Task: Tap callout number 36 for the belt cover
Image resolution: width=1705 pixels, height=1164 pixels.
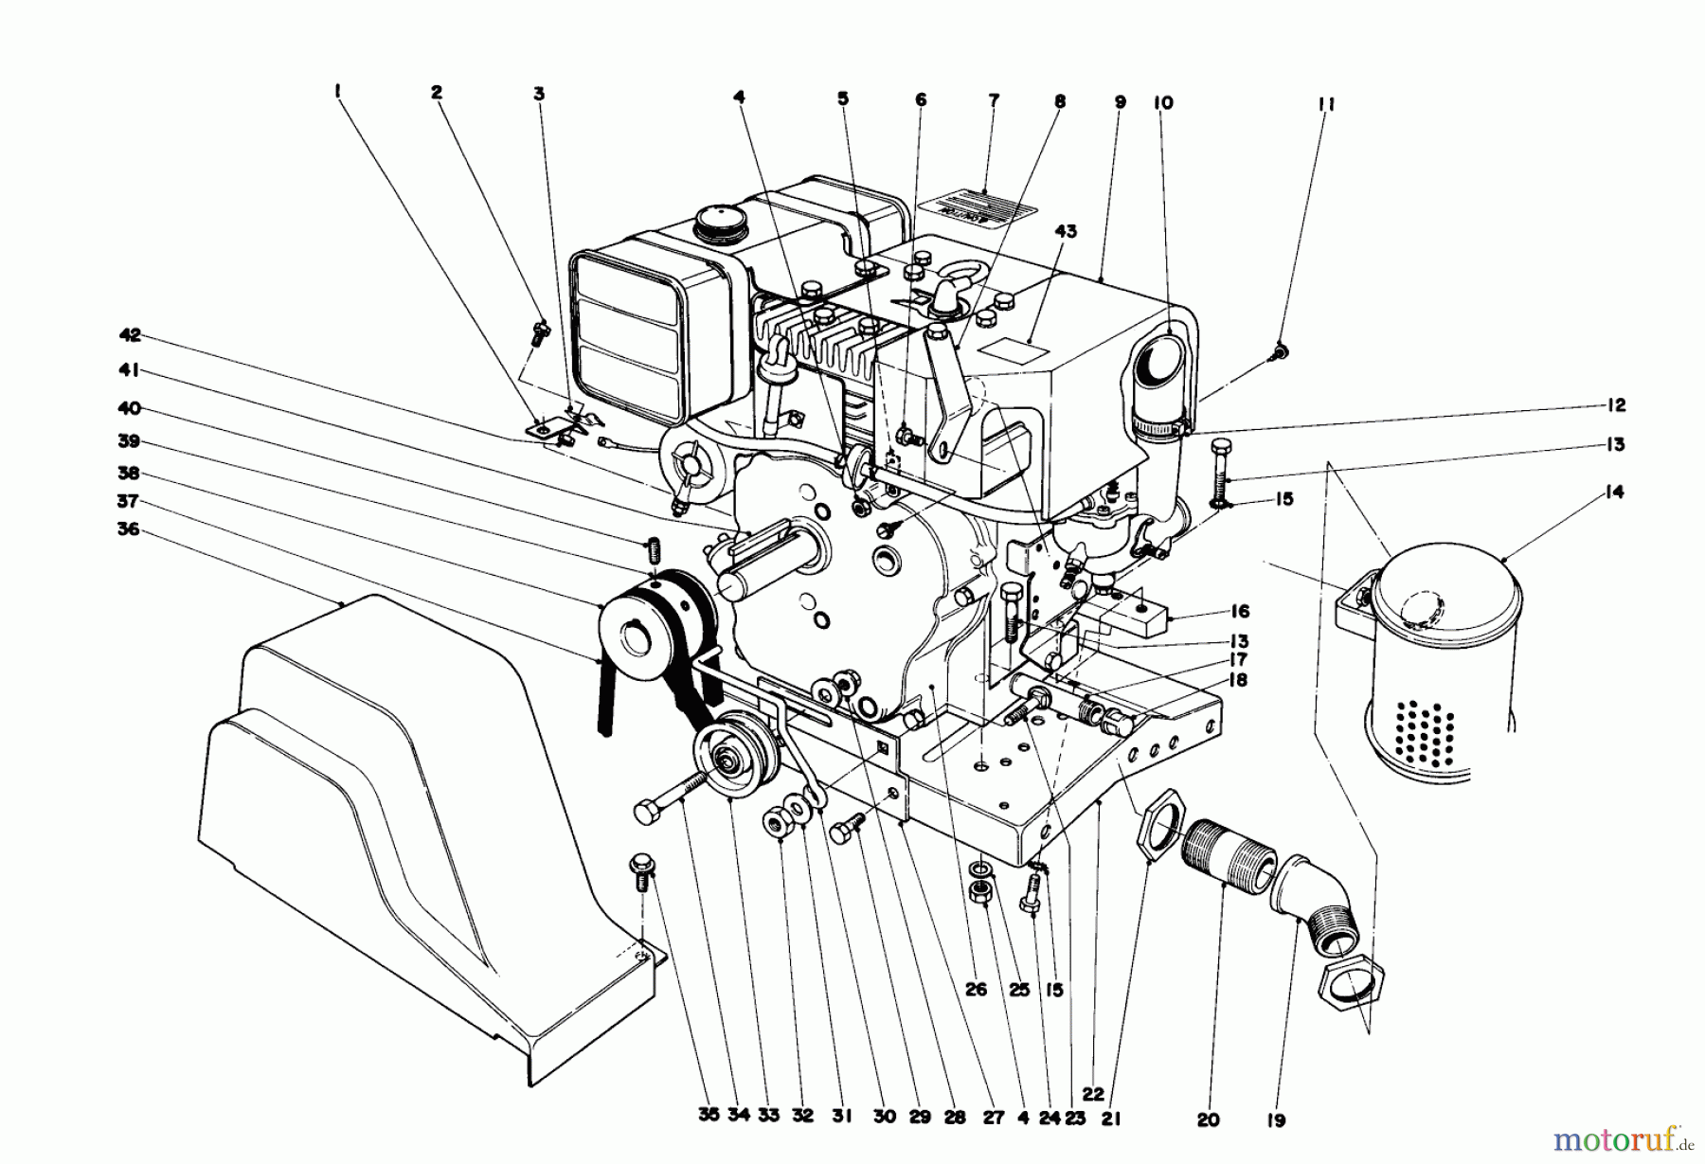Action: (128, 529)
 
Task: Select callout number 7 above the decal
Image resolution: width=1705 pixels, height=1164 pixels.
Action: (993, 100)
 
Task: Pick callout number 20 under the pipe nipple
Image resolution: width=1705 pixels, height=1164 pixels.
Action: (1208, 1120)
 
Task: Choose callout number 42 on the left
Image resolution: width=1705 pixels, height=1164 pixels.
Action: (130, 334)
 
